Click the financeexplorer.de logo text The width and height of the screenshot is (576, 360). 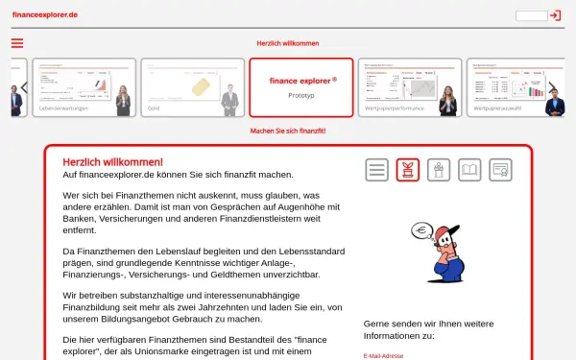(x=45, y=15)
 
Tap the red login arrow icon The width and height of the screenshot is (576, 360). (x=555, y=15)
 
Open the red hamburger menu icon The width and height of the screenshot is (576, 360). (x=17, y=43)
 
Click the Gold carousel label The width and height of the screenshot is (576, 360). (x=154, y=109)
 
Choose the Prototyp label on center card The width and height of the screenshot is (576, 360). (x=300, y=96)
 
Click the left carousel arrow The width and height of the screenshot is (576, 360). (x=24, y=87)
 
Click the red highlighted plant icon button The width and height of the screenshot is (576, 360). (x=408, y=171)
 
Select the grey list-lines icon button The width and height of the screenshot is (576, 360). (x=377, y=171)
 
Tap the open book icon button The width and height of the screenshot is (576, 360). (x=468, y=171)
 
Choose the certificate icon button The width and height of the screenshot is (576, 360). (x=498, y=171)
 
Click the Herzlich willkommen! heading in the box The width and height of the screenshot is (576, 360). (x=112, y=162)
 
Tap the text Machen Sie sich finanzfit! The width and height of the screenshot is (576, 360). (x=288, y=131)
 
